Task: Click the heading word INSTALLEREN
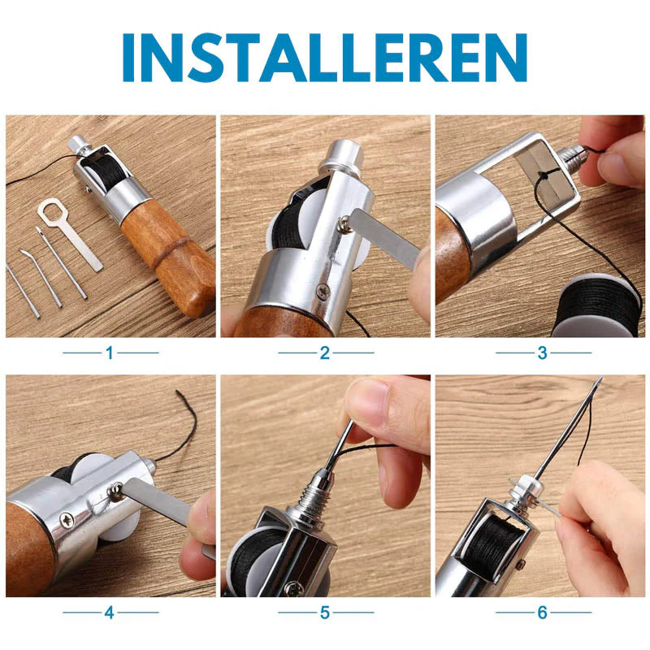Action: point(324,58)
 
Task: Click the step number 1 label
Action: point(110,353)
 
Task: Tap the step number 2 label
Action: point(325,353)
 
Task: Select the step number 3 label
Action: point(542,353)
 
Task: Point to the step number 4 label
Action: point(110,613)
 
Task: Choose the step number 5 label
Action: point(325,613)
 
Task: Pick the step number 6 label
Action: point(542,613)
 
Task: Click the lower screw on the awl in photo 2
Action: point(323,290)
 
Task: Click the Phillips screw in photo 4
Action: point(67,519)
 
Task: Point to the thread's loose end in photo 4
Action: point(177,391)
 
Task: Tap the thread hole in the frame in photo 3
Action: point(543,175)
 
